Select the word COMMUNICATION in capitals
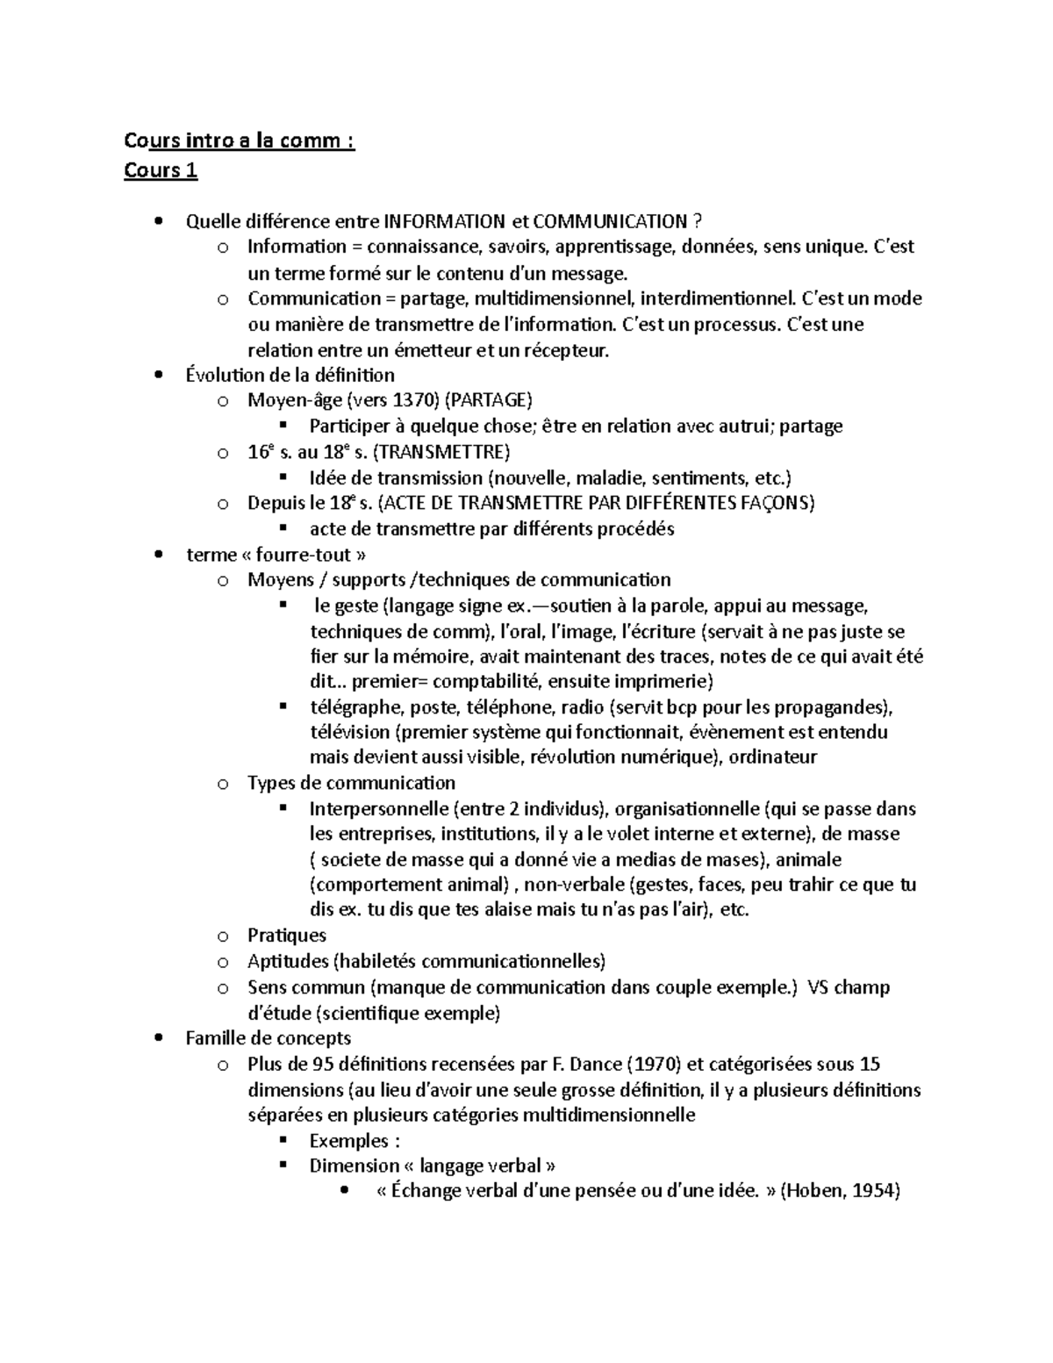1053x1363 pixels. click(610, 221)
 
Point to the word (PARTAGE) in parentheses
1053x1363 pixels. click(489, 401)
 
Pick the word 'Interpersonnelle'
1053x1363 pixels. click(380, 808)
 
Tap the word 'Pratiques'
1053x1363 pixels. click(287, 936)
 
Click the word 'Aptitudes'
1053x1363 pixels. click(289, 961)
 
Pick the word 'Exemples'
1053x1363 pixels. click(348, 1141)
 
